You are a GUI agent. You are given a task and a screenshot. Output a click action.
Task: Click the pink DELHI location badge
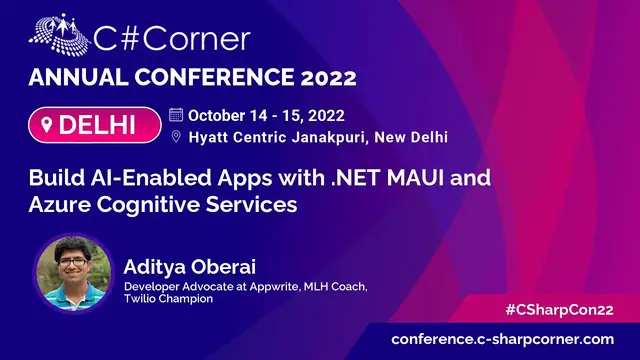[95, 126]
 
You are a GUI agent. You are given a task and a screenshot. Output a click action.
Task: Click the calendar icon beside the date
[176, 113]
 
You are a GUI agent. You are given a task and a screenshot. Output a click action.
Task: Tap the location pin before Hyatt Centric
[176, 137]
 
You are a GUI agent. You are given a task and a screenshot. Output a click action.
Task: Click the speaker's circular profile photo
[72, 277]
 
